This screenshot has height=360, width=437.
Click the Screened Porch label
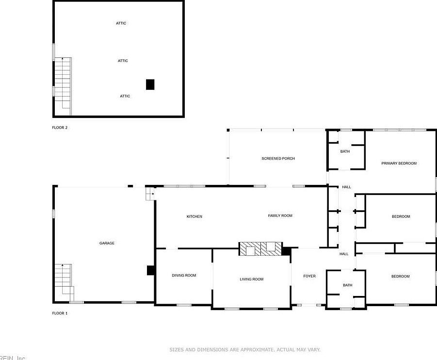point(278,159)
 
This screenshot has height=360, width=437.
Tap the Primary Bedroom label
point(399,164)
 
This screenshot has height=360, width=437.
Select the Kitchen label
point(194,216)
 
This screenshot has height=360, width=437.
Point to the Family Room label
point(280,215)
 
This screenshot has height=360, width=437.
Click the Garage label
point(107,243)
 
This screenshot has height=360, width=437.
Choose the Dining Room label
point(184,276)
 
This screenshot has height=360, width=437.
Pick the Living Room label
point(252,279)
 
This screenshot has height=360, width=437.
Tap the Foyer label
point(309,276)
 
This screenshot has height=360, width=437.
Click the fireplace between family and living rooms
point(260,249)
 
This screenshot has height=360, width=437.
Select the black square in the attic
point(150,84)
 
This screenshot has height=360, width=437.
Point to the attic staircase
point(63,85)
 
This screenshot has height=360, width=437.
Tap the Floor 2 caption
point(60,128)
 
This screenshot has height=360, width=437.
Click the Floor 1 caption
point(60,313)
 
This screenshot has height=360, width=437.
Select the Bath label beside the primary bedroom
point(345,151)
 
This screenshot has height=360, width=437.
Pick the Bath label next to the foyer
point(348,285)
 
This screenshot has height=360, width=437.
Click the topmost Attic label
point(121,23)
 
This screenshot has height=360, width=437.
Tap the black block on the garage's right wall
point(150,270)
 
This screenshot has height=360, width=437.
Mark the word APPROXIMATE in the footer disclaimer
point(257,349)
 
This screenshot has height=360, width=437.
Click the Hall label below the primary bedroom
point(346,187)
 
